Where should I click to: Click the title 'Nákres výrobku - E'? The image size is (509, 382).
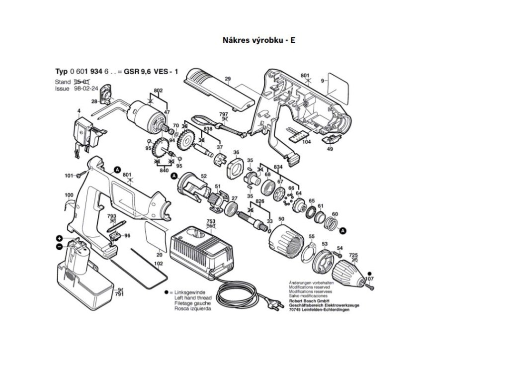pyautogui.click(x=258, y=40)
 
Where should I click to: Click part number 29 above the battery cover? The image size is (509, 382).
pyautogui.click(x=228, y=79)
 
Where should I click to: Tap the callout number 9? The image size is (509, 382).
pyautogui.click(x=322, y=81)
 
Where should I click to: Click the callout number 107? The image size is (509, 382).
pyautogui.click(x=369, y=279)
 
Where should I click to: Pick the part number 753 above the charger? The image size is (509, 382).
pyautogui.click(x=211, y=221)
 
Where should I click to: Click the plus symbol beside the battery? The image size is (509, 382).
pyautogui.click(x=59, y=239)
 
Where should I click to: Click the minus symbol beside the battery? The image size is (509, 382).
pyautogui.click(x=59, y=247)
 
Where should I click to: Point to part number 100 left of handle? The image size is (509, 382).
pyautogui.click(x=69, y=194)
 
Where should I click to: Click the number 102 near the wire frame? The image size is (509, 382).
pyautogui.click(x=159, y=263)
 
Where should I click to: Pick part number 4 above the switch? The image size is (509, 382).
pyautogui.click(x=79, y=110)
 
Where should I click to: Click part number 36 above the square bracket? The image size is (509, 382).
pyautogui.click(x=236, y=152)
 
